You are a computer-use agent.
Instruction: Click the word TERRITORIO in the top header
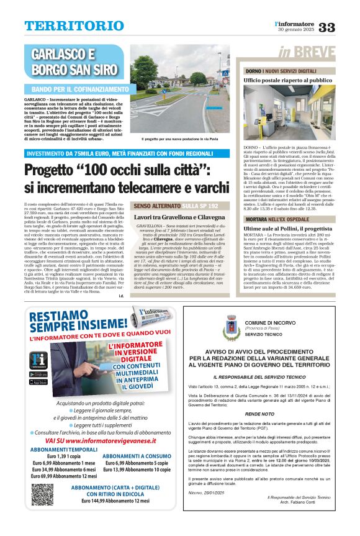pyautogui.click(x=65, y=26)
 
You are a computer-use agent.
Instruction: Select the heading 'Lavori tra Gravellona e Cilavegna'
pyautogui.click(x=179, y=217)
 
